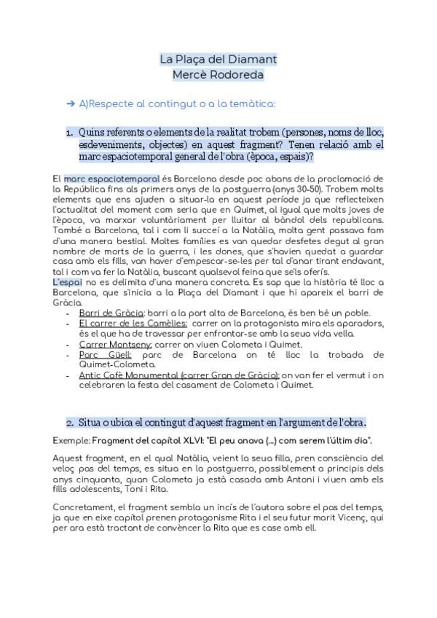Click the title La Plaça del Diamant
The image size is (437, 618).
tap(218, 59)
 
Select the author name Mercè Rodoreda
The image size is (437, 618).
tap(218, 74)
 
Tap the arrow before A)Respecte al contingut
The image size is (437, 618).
tap(71, 103)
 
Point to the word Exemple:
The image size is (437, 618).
tap(71, 441)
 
